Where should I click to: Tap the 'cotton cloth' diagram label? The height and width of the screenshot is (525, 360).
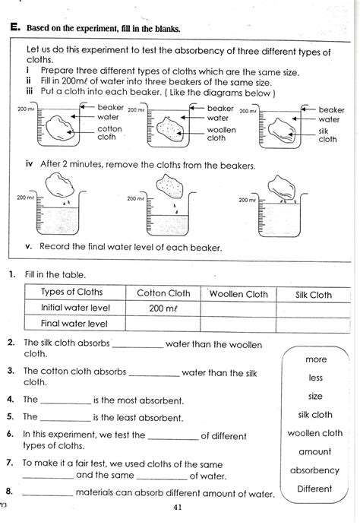[x=108, y=133]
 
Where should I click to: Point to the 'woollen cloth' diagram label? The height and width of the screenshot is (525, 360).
[x=221, y=133]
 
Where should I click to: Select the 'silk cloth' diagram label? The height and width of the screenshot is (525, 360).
[x=327, y=134]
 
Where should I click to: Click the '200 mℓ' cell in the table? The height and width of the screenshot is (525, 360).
[x=163, y=308]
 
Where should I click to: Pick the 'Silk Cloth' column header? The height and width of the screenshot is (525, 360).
[x=311, y=295]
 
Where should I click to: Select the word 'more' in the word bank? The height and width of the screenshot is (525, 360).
[x=316, y=359]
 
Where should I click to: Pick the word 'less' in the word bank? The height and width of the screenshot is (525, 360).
[x=316, y=378]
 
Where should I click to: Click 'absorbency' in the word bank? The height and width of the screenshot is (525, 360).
[x=314, y=470]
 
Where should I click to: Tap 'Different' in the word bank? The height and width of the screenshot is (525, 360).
[x=315, y=489]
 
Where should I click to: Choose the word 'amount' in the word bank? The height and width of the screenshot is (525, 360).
[x=315, y=451]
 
